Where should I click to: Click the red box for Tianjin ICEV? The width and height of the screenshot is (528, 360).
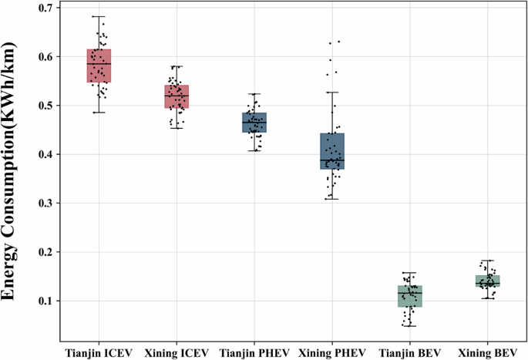click(x=99, y=66)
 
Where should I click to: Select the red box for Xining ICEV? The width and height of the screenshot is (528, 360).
click(x=177, y=96)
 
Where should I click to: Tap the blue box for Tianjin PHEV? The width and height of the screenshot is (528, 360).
click(x=254, y=123)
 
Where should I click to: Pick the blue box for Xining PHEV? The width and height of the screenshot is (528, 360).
click(x=332, y=151)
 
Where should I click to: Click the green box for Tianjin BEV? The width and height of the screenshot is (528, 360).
click(x=410, y=296)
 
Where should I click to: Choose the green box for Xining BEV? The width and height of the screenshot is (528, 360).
click(x=488, y=281)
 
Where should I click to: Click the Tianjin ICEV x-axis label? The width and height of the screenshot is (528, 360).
click(x=99, y=351)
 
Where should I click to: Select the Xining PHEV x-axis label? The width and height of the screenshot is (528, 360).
click(x=332, y=351)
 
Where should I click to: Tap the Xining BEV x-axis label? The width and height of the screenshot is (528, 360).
click(x=488, y=351)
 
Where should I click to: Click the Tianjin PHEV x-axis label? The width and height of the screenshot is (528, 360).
click(x=254, y=351)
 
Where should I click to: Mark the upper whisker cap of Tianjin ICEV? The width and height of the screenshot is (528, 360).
click(x=99, y=16)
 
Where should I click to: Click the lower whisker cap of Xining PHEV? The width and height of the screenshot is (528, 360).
click(x=332, y=199)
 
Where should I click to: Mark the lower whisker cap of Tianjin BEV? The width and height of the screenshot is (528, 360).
click(x=410, y=326)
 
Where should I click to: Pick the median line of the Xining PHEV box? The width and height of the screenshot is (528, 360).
click(x=332, y=160)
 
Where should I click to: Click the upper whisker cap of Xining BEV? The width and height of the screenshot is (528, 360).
click(x=488, y=261)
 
